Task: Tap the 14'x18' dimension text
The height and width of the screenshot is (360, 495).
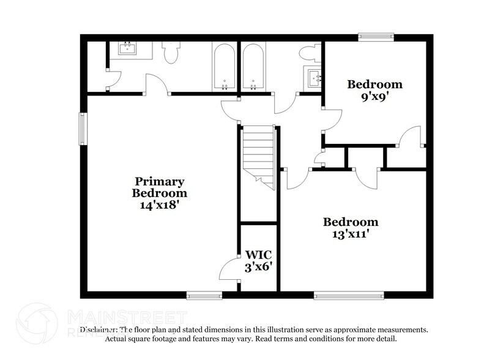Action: [159, 205]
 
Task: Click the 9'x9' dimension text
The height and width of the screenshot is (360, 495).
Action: [375, 96]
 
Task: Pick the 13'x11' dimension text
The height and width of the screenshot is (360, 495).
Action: [351, 233]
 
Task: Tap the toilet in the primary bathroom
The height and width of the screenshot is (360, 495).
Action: [171, 52]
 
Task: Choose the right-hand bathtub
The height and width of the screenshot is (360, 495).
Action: [253, 66]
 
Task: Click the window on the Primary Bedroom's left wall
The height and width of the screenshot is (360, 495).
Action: [83, 129]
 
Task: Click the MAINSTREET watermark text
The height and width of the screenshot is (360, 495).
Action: [125, 318]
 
